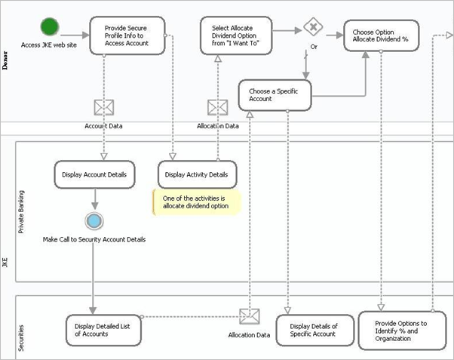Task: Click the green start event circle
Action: (50, 27)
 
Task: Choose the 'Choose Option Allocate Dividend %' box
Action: (381, 35)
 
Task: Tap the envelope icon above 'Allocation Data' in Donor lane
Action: (217, 107)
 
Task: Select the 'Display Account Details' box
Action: (95, 174)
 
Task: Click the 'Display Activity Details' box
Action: (197, 174)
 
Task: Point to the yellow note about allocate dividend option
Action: (196, 202)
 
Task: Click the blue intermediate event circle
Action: (94, 220)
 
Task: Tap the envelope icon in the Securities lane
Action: (249, 316)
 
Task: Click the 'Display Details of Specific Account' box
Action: (314, 330)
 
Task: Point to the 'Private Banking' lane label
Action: (21, 211)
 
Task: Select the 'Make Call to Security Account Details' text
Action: (94, 239)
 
